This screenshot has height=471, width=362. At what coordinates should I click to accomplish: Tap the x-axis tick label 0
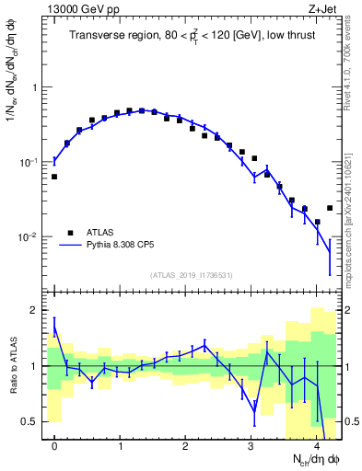54,446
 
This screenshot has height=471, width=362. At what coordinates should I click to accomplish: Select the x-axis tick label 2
185,446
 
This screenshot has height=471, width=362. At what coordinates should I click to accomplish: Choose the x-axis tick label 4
316,446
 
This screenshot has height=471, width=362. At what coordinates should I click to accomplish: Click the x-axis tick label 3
251,446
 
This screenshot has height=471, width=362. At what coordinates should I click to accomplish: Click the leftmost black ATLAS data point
54,177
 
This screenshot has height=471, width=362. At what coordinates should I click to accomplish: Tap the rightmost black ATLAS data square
330,208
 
